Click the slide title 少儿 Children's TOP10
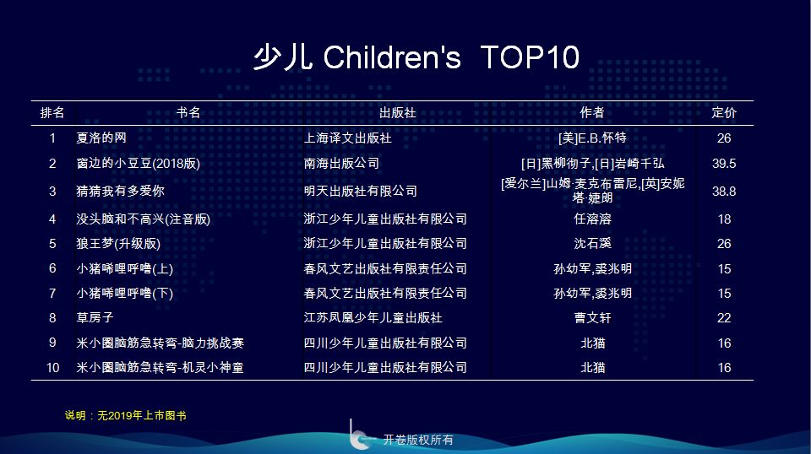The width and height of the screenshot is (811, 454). pos(416,57)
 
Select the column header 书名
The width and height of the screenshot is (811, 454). pos(188,112)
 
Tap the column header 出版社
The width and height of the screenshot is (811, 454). pos(397,112)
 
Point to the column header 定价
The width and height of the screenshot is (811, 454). pos(724,112)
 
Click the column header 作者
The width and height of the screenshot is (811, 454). pos(592,112)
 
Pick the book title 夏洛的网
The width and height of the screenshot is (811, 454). pos(101,138)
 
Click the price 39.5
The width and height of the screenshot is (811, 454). pos(724,164)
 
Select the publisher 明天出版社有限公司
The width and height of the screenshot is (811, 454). pos(361,191)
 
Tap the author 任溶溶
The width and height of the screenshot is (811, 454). pos(593,219)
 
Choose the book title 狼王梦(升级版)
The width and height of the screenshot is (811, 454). pos(118,243)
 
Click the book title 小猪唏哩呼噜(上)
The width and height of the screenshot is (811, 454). pos(125,268)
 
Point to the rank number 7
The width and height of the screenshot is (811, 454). pos(52,294)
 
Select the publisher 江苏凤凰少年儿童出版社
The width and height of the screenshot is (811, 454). pos(373,317)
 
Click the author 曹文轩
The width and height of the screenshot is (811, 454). pos(593,317)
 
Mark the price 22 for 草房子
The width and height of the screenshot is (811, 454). pos(724,317)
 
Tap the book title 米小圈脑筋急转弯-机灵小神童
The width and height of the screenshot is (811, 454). pos(160,367)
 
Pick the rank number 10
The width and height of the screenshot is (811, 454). pos(52,368)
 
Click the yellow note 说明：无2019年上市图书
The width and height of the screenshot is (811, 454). pos(126,416)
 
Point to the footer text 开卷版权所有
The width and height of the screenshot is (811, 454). pos(418,440)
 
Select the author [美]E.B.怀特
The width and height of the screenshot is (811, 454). pos(592,138)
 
